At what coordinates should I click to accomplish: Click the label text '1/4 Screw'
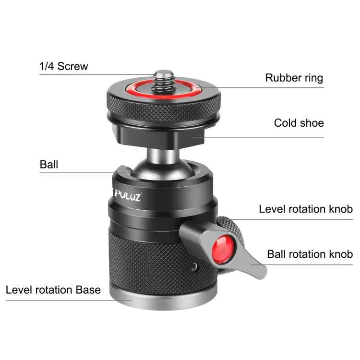click(x=64, y=66)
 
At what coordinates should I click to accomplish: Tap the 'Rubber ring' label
click(x=294, y=78)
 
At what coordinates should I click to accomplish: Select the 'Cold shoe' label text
click(x=299, y=123)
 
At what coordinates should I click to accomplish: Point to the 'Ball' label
click(x=48, y=165)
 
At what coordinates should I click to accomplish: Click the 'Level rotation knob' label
click(x=306, y=209)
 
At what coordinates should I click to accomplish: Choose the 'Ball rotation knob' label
click(x=310, y=254)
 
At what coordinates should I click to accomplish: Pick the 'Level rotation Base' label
click(x=53, y=290)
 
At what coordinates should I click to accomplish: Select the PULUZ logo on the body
click(x=128, y=197)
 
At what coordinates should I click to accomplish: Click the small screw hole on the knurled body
click(x=195, y=265)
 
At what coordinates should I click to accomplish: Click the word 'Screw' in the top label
click(x=72, y=66)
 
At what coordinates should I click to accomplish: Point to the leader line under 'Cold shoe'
click(x=269, y=138)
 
